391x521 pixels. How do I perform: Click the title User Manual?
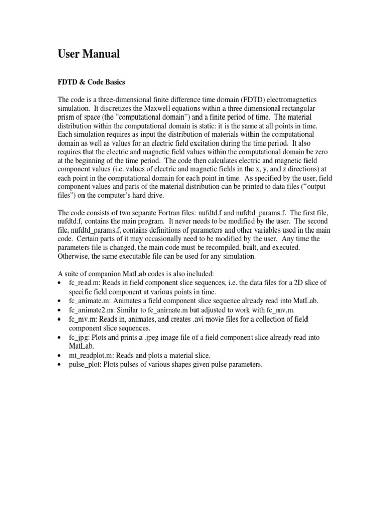[89, 55]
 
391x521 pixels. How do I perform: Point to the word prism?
[68, 117]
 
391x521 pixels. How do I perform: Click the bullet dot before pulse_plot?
[61, 365]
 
